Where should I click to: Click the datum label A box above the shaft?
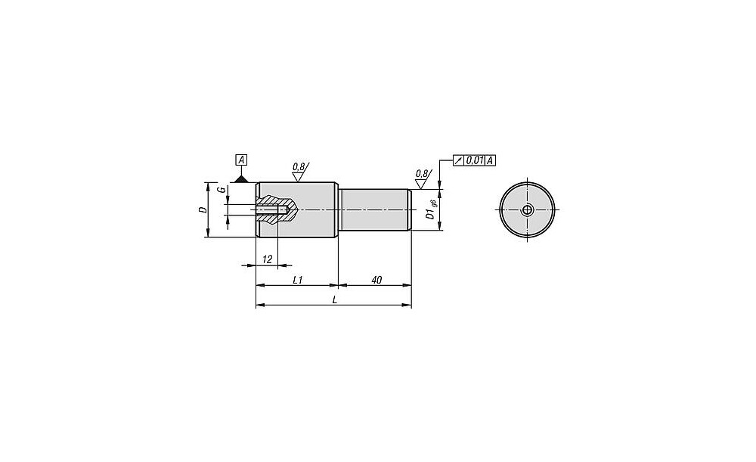click(241, 160)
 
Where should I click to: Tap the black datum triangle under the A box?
click(241, 179)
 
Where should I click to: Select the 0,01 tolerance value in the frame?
click(475, 160)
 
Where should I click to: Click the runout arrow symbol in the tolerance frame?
click(458, 160)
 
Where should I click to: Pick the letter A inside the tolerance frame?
click(491, 160)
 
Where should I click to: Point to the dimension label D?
click(203, 209)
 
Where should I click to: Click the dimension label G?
click(221, 190)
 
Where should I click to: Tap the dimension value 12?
click(267, 259)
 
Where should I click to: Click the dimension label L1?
click(297, 280)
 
